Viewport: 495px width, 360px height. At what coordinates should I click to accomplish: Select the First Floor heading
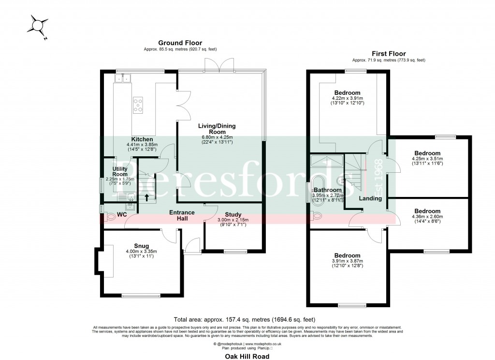coord(389,54)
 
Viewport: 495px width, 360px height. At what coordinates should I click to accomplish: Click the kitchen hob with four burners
coord(138,105)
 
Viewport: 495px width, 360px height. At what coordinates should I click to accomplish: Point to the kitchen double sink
coord(124,78)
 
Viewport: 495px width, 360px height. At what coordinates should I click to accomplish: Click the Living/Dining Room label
coord(218,129)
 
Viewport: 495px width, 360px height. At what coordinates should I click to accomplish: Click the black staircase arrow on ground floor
coord(147,197)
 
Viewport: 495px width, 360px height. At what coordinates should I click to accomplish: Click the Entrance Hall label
coord(182,215)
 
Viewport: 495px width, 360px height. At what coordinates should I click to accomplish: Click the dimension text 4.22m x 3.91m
coord(347,98)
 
